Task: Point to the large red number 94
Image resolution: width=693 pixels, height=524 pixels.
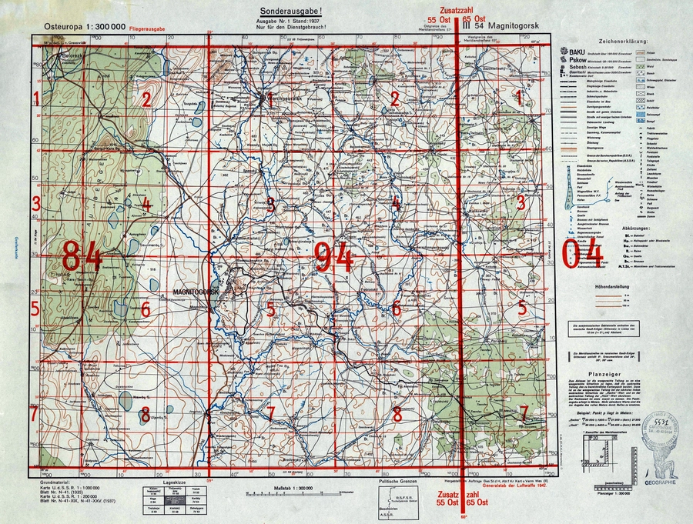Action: click(333, 255)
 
